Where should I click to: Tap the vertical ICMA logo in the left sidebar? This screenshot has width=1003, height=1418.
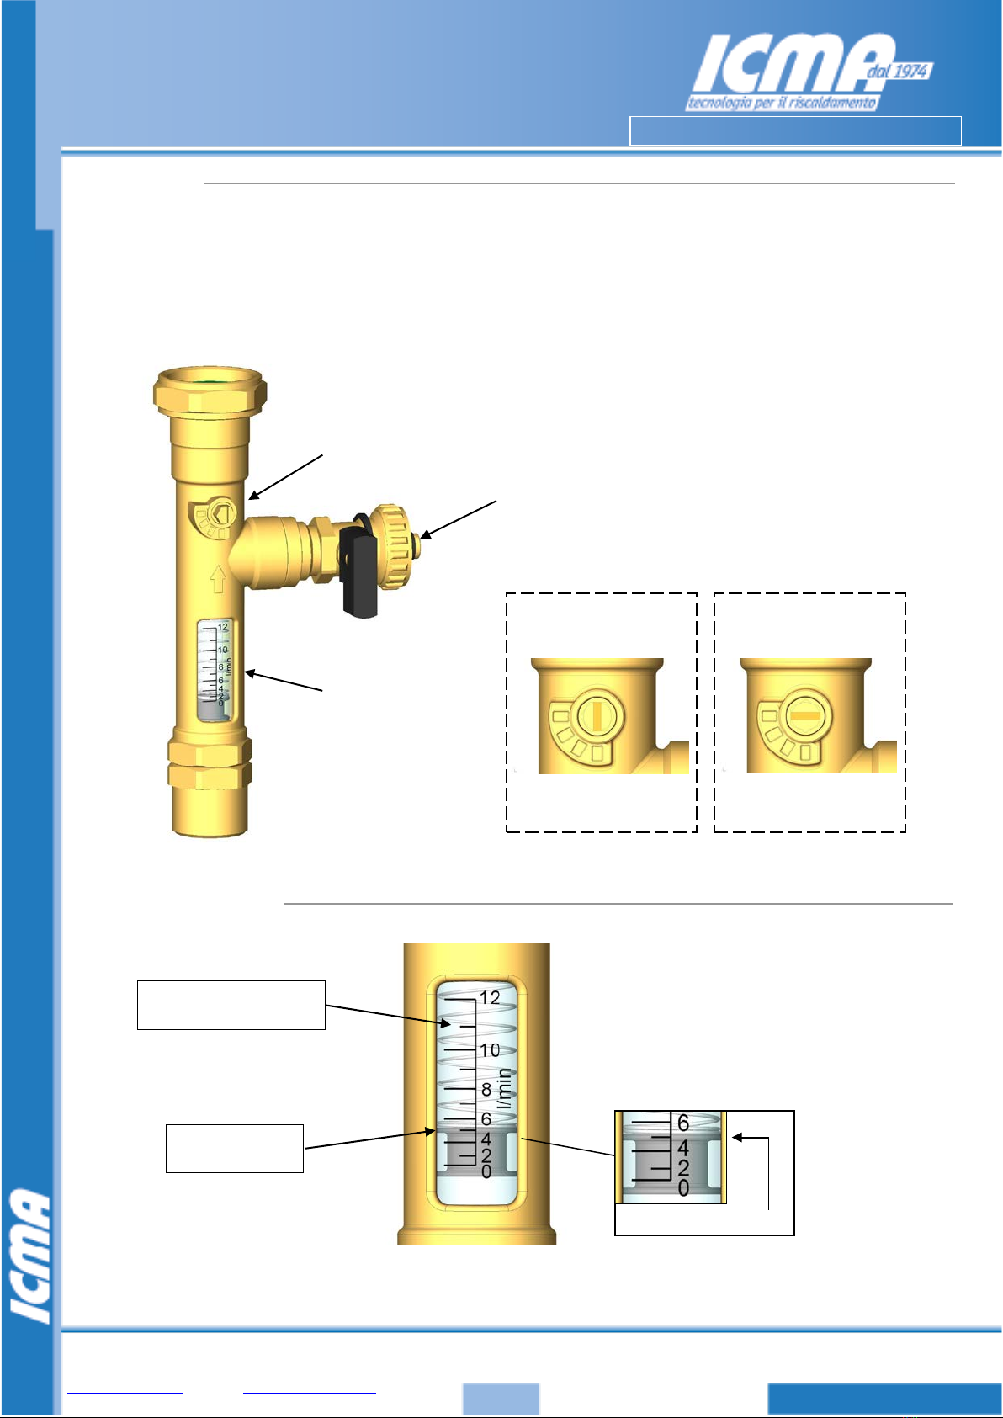point(30,1256)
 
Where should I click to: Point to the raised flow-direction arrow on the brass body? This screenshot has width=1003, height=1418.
point(218,579)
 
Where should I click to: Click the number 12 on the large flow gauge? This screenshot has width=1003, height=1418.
point(490,998)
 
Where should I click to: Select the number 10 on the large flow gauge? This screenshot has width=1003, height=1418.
point(490,1051)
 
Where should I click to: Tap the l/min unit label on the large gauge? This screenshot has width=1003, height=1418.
point(504,1088)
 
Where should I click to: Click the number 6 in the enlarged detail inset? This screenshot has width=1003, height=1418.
point(682,1123)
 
